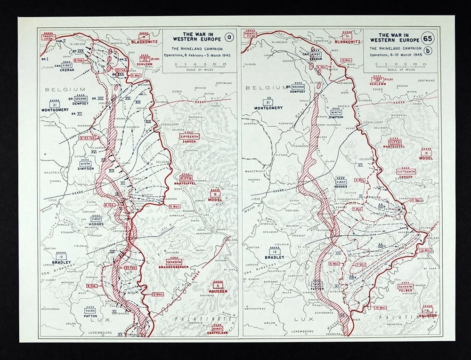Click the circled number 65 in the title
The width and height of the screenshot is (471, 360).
pyautogui.click(x=428, y=38)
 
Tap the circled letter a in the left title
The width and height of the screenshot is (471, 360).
pyautogui.click(x=227, y=38)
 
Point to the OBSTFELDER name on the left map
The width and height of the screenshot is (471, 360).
pyautogui.click(x=218, y=333)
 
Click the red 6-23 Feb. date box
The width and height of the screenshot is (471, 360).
pyautogui.click(x=88, y=138)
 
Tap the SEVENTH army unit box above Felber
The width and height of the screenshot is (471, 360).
pyautogui.click(x=405, y=287)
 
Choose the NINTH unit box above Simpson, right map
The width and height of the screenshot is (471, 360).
pyautogui.click(x=336, y=112)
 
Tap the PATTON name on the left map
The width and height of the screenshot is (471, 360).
pyautogui.click(x=90, y=317)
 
